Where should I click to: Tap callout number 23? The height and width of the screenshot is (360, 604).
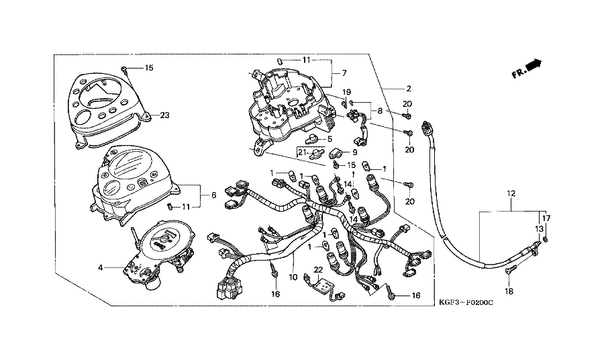[x=165, y=115]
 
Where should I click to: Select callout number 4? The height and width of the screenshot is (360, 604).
[x=101, y=267]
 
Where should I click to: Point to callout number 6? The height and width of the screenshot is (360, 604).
[x=213, y=195]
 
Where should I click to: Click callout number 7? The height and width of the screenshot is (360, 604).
[x=344, y=73]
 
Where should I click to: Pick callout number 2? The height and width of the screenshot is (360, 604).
[x=407, y=88]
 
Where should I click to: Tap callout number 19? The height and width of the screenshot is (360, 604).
[x=347, y=92]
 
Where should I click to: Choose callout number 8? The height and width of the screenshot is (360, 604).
[x=381, y=110]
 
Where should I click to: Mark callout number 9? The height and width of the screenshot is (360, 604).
[x=354, y=152]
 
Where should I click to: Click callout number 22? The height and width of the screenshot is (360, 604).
[x=318, y=269]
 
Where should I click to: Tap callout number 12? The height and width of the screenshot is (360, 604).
[x=511, y=193]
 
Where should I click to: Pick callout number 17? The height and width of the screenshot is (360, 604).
[x=546, y=218]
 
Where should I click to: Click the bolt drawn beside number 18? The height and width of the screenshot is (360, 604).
[x=510, y=273]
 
